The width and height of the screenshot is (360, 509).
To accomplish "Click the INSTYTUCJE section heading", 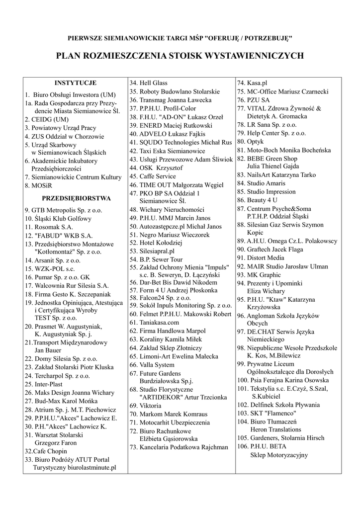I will (75, 83).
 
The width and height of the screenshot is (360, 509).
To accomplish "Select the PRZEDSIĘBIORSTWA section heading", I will (75, 198).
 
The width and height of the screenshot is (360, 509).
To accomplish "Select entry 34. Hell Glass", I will (149, 83).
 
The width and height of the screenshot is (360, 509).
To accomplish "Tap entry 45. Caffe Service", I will (153, 176).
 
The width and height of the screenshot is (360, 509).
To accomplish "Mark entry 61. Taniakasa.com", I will (154, 322).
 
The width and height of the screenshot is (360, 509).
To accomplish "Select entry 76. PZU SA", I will (254, 100).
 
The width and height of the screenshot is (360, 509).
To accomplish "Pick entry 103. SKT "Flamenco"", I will (267, 413).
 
